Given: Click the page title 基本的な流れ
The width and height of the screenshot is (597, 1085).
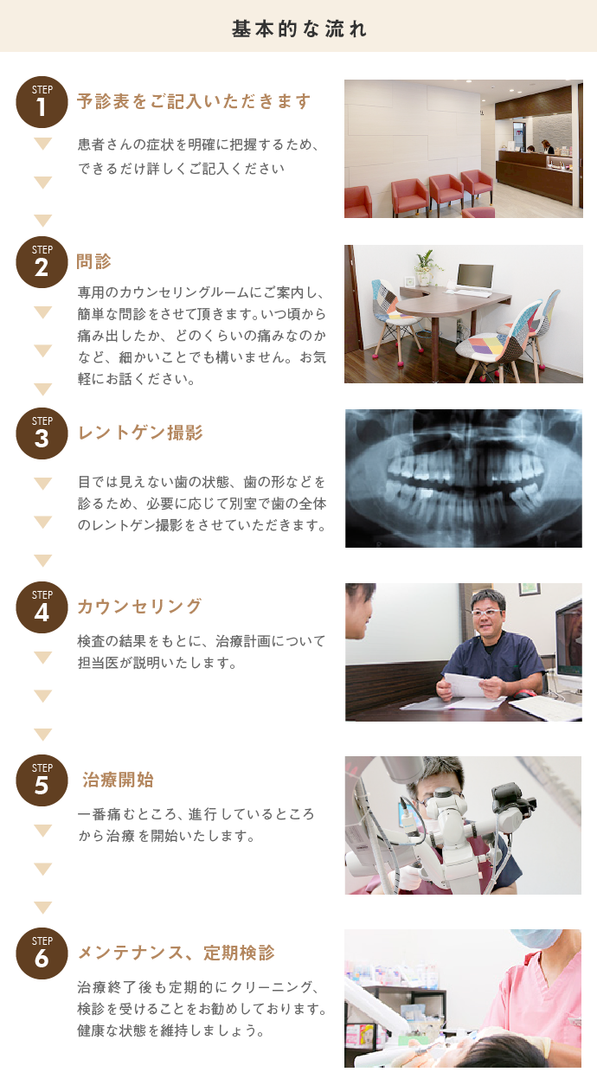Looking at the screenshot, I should point(298,28).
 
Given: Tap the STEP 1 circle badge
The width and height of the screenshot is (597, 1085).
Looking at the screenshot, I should point(42,102).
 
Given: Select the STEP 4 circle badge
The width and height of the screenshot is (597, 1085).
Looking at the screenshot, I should point(42,607).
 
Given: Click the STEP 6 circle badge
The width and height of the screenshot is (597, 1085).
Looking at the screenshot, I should point(42,953).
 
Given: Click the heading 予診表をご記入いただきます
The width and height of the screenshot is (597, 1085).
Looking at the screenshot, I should point(194,102).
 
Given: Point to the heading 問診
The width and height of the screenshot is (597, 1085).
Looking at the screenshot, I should point(94,261).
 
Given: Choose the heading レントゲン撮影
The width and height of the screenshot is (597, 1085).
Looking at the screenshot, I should point(140,433).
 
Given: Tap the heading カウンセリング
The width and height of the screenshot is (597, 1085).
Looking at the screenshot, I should point(139,607).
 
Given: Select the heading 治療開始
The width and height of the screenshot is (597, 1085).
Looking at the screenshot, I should point(118,780).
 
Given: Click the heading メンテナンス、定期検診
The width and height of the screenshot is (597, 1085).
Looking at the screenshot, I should point(177,953).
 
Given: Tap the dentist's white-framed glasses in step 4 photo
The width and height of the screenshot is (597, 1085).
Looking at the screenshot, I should point(486,612).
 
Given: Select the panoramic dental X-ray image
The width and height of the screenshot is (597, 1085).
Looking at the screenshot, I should point(463,478).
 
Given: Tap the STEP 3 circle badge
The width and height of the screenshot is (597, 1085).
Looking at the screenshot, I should point(42,433).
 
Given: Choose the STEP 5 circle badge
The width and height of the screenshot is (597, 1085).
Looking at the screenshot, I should point(42,780).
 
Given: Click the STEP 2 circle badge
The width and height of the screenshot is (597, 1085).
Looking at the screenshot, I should point(42,262).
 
